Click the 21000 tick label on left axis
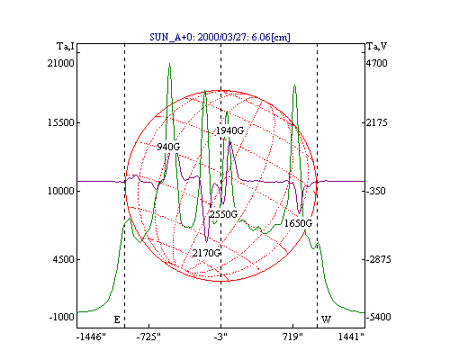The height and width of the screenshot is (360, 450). coord(60,63)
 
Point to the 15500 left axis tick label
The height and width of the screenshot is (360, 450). coord(61,122)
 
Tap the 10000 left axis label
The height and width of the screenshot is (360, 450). coord(61,191)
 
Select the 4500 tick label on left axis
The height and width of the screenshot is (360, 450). coord(63,259)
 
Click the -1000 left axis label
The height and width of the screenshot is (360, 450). coord(61,317)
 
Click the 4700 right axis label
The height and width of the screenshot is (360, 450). coord(376,63)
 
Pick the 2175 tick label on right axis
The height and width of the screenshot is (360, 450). coord(376,122)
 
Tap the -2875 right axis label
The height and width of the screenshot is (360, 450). coord(378,259)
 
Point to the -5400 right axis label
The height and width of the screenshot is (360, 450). coord(378,317)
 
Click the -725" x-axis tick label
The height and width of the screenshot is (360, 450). coord(148,337)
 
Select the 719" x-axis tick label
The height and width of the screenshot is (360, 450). coord(293,337)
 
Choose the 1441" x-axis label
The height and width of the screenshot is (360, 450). coord(351,337)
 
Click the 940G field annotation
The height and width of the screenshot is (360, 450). coord(168,147)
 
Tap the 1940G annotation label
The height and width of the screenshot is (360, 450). coord(229,130)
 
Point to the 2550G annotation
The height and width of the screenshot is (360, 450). coord(223,214)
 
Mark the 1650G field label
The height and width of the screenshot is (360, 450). coord(298,223)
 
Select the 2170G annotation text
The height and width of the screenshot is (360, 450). coord(207,253)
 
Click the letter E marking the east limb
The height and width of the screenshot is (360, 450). coord(117,319)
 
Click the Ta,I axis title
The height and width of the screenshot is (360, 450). coord(66,47)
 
